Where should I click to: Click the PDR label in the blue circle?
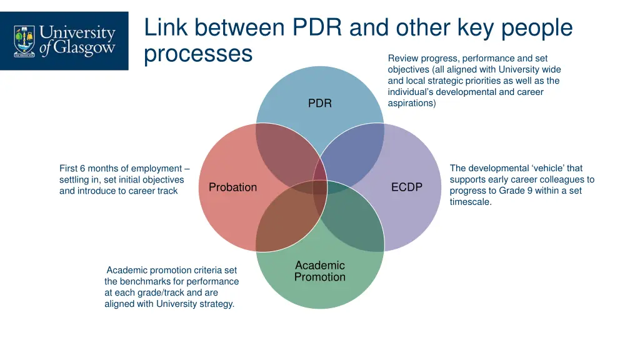click(319, 103)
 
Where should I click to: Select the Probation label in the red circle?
click(232, 187)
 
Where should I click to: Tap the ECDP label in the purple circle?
click(407, 187)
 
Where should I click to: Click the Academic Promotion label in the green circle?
click(319, 271)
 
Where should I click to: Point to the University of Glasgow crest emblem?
click(24, 41)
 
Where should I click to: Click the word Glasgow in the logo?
click(83, 49)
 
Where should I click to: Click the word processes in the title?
click(197, 54)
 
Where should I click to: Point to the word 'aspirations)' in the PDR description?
click(411, 103)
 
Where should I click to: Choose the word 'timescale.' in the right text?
click(471, 202)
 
